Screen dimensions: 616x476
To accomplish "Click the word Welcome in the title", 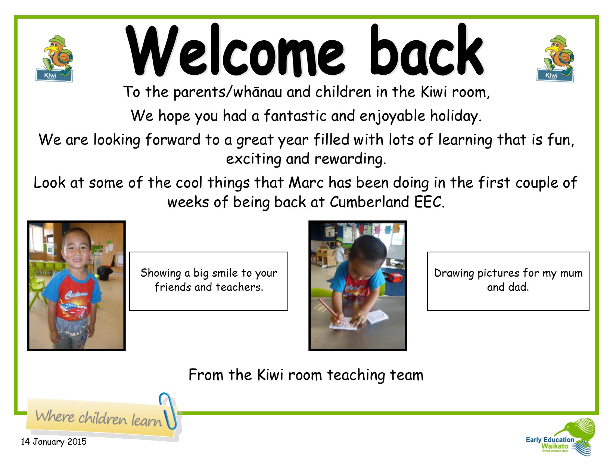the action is click(235, 50).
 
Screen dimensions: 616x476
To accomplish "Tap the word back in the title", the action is click(427, 50).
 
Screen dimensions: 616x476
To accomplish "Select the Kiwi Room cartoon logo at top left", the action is click(55, 58).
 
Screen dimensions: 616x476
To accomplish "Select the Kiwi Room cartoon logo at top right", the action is click(556, 58).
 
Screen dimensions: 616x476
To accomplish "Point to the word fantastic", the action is click(295, 116).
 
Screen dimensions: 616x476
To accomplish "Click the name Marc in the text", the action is click(306, 183).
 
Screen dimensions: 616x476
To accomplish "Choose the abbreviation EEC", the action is click(429, 202).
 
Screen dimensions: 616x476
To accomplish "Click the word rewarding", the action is click(351, 159).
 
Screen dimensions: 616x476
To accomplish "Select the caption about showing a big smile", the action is click(209, 280).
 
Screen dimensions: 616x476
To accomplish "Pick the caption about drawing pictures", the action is click(508, 280).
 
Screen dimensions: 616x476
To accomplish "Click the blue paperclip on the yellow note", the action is click(168, 411).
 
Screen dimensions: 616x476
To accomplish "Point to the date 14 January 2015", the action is click(54, 442).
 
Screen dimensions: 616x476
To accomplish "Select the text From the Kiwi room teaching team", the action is click(306, 375).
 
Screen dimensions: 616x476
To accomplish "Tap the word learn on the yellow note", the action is click(146, 420).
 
